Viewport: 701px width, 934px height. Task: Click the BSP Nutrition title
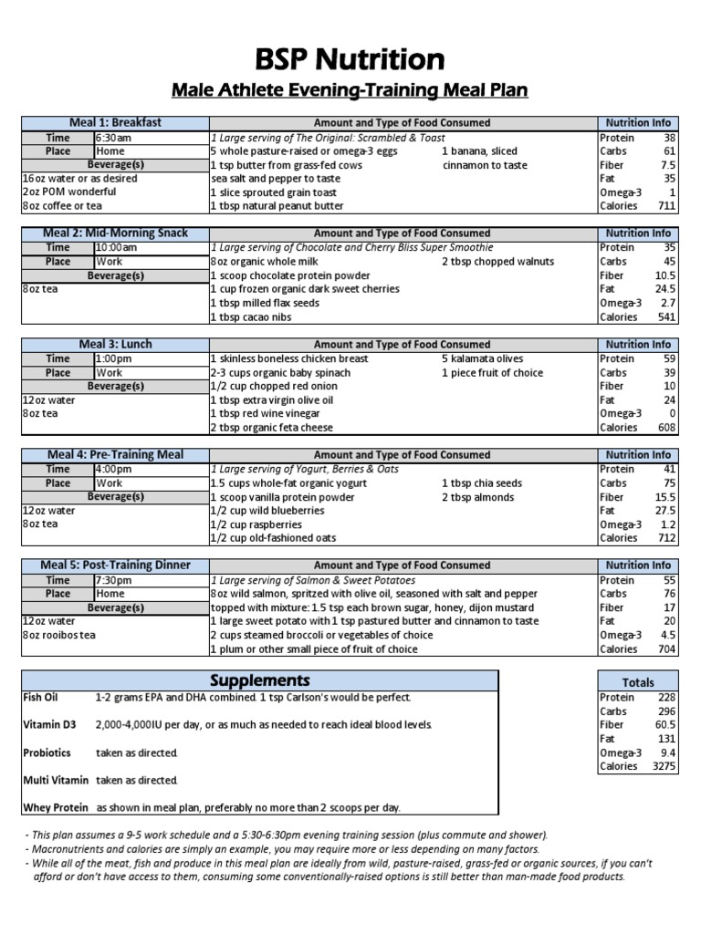pyautogui.click(x=350, y=59)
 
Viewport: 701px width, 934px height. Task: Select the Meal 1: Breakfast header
pyautogui.click(x=116, y=123)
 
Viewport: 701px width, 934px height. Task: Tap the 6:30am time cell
pyautogui.click(x=114, y=138)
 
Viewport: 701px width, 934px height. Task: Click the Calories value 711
pyautogui.click(x=664, y=206)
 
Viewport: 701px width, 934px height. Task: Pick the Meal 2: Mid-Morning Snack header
pyautogui.click(x=116, y=233)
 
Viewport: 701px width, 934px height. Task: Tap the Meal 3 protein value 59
pyautogui.click(x=668, y=358)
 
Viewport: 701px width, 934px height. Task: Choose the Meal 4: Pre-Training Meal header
pyautogui.click(x=116, y=455)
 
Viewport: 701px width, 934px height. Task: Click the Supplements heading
pyautogui.click(x=260, y=681)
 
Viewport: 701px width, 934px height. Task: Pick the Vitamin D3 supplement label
pyautogui.click(x=50, y=724)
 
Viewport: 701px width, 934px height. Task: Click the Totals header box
pyautogui.click(x=638, y=682)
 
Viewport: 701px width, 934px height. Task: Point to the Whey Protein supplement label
pyautogui.click(x=56, y=807)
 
